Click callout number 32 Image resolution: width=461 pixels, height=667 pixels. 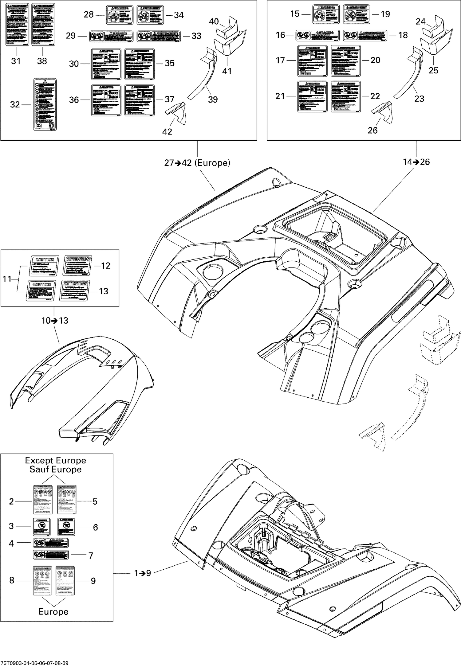click(15, 105)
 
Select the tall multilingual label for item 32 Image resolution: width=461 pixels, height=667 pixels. click(45, 104)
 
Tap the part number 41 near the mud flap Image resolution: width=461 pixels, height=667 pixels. click(227, 71)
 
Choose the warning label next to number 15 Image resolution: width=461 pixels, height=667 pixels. click(326, 14)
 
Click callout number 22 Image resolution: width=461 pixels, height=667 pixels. click(375, 96)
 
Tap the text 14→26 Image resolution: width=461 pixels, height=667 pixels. click(416, 162)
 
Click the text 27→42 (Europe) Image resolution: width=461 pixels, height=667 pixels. click(197, 163)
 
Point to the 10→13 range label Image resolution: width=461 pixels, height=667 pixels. click(55, 321)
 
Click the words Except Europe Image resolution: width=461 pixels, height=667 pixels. click(55, 460)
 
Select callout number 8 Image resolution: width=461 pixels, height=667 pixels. click(12, 580)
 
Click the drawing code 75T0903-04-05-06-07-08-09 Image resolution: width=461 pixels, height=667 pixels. click(34, 663)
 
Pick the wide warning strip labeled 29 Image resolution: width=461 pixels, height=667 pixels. click(111, 36)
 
